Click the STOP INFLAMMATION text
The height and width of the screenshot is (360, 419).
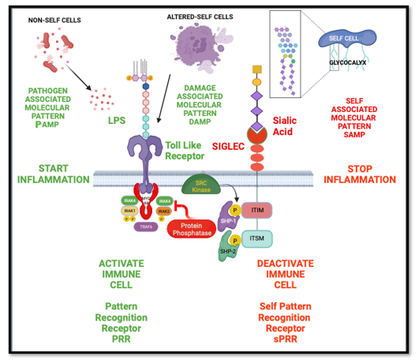(365, 174)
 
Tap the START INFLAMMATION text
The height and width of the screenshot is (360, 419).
(54, 174)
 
